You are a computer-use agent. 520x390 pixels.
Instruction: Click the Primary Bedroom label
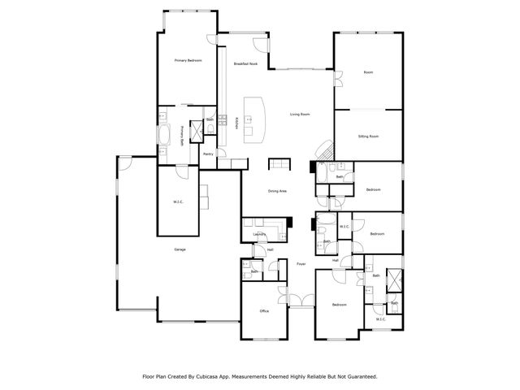pos(188,61)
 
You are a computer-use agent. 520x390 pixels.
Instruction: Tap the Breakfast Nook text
pos(246,63)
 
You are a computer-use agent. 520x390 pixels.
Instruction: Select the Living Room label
pos(300,115)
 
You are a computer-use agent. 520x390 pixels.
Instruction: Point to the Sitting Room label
pos(368,136)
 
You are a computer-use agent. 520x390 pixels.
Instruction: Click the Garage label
pos(180,249)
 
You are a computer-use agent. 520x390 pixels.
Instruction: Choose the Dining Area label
pos(277,191)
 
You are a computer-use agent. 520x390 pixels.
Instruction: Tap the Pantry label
pos(208,154)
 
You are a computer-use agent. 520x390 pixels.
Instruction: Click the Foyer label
pos(301,264)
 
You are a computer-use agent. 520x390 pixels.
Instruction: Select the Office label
pos(264,311)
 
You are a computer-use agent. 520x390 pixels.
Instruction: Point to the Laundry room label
pos(260,234)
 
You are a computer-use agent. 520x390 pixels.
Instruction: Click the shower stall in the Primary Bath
pos(196,131)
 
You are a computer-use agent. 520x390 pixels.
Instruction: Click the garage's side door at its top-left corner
pos(124,162)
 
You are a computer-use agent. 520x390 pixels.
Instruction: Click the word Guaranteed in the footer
pos(360,376)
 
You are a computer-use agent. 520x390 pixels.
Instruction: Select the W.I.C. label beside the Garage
pos(179,201)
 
